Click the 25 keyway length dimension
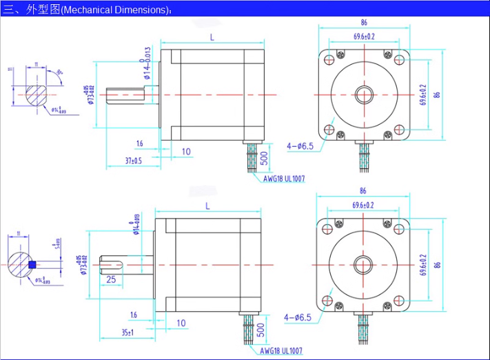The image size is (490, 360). [x=111, y=279]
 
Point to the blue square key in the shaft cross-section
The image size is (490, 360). [x=32, y=264]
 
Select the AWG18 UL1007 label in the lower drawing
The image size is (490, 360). [x=281, y=350]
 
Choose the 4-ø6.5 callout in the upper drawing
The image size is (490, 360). [x=299, y=146]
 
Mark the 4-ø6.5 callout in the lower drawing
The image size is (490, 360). [x=298, y=318]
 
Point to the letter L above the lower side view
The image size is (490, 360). [x=207, y=206]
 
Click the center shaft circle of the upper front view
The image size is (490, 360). [x=364, y=94]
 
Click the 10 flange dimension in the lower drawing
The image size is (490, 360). [x=181, y=323]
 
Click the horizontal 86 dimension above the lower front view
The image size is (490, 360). [x=363, y=191]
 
